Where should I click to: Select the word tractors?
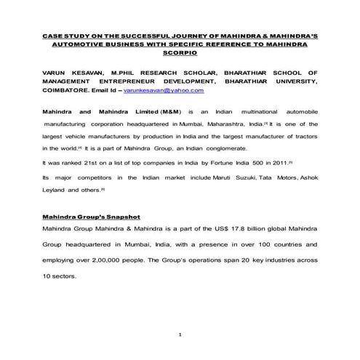tap(305, 136)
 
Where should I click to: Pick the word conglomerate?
tap(210, 148)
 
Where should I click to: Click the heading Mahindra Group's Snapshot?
tap(87, 217)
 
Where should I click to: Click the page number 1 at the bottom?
tap(179, 334)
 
